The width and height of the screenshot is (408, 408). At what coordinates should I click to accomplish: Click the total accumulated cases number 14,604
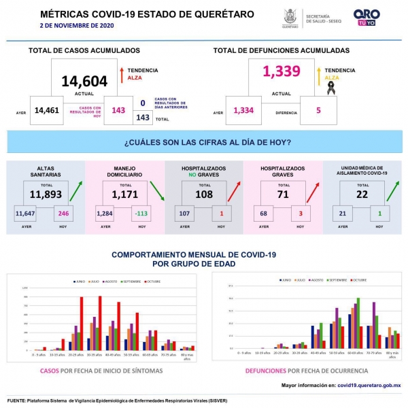(84, 82)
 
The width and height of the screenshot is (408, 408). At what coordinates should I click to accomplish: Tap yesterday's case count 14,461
(47, 110)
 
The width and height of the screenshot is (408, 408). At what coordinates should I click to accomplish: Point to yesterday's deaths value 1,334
(243, 110)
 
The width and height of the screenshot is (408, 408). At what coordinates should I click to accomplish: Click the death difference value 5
(318, 110)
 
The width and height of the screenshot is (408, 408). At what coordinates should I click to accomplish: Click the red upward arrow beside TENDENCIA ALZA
(120, 74)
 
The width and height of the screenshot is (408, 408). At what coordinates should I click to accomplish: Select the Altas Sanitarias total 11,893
(46, 194)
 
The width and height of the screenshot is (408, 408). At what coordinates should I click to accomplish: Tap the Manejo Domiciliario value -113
(141, 212)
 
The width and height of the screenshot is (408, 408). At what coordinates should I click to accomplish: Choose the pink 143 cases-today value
(118, 110)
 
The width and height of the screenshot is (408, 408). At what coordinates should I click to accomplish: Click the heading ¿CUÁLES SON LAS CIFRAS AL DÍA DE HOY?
(208, 142)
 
